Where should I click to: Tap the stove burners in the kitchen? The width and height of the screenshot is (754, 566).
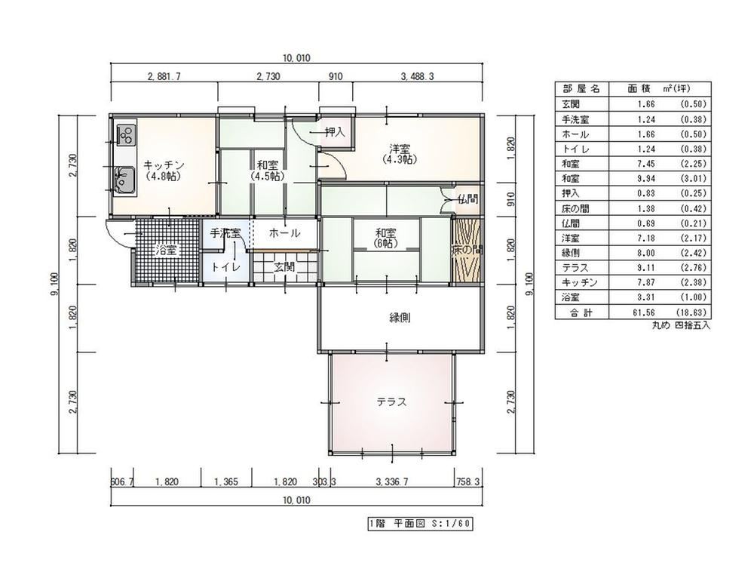point(127,134)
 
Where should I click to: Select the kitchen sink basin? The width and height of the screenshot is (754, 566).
point(125,180)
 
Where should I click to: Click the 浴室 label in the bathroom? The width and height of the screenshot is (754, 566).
point(167,251)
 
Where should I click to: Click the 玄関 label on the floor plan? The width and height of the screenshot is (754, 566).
point(285,266)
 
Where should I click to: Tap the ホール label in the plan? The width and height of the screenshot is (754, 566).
point(285,233)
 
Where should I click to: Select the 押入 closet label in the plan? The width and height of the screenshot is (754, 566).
point(336,132)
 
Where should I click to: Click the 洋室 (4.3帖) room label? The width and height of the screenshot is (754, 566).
point(400,153)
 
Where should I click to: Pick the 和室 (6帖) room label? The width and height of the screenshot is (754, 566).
point(387,238)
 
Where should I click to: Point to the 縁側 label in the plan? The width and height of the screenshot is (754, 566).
point(400,318)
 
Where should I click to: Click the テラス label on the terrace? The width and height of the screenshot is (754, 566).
point(391,402)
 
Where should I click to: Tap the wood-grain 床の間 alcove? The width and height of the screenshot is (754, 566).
point(467,251)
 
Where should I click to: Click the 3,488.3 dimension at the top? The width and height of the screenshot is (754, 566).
point(418,76)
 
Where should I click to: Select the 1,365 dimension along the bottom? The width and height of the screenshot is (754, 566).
point(226,481)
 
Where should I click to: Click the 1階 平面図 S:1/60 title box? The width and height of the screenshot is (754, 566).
point(419,524)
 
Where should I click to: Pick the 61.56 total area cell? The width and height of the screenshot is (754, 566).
point(644,313)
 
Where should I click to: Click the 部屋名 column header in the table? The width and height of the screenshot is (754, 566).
point(581,89)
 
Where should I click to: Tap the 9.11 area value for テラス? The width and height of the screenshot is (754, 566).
point(646,268)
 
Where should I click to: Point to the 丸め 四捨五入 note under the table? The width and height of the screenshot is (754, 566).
point(681,325)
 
